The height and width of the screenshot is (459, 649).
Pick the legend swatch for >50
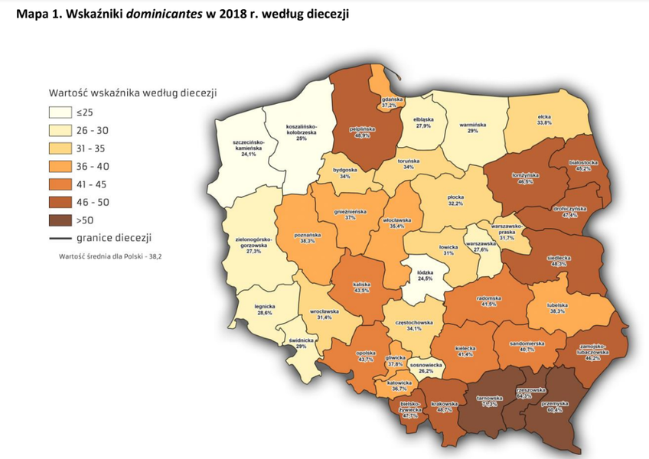click(60, 221)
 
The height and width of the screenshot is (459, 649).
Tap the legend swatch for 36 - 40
click(60, 166)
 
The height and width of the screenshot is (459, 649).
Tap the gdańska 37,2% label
click(390, 102)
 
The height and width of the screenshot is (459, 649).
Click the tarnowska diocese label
click(489, 400)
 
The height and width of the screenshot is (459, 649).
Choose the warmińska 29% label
click(473, 127)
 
